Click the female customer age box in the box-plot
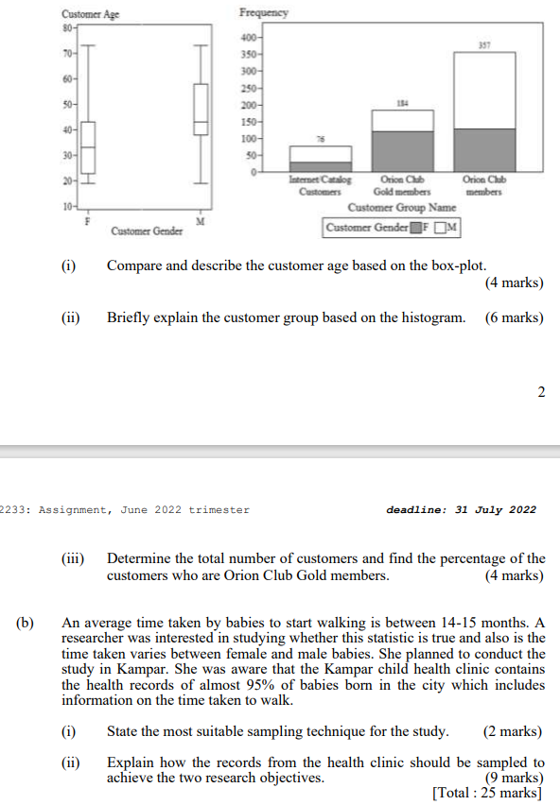pos(87,146)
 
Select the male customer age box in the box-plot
pos(201,109)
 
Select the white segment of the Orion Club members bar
pos(483,90)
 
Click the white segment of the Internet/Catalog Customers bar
pos(320,154)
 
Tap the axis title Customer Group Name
pos(402,207)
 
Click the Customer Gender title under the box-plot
pos(147,231)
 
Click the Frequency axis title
pos(264,12)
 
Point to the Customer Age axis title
pos(91,13)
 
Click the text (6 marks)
pos(514,317)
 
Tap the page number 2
pos(541,392)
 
